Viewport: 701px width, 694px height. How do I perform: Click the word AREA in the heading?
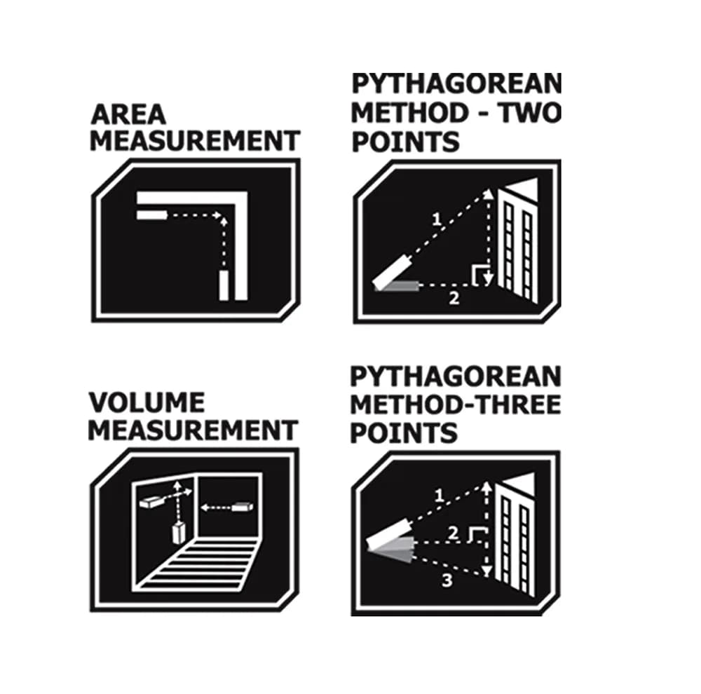(128, 115)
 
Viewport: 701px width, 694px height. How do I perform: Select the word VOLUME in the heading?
(147, 402)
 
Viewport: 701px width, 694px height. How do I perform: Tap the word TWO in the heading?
(530, 113)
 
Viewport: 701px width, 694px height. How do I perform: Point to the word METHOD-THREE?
(456, 404)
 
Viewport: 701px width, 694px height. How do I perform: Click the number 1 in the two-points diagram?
(437, 219)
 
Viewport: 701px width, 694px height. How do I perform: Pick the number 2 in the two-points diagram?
(454, 298)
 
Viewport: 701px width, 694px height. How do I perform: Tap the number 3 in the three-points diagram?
(447, 580)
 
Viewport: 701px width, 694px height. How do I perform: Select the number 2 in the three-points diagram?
(453, 533)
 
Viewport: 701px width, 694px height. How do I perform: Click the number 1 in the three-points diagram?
(439, 495)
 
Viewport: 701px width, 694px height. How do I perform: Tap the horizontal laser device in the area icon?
(152, 215)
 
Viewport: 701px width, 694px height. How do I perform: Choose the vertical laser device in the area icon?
(224, 285)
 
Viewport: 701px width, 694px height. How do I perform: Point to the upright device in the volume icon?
(179, 532)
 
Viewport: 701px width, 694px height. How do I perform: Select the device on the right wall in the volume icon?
(243, 507)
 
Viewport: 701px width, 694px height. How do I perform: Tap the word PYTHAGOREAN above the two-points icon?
(456, 83)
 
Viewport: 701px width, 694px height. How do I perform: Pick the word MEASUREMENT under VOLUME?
(193, 430)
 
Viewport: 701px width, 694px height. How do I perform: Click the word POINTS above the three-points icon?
(404, 433)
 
